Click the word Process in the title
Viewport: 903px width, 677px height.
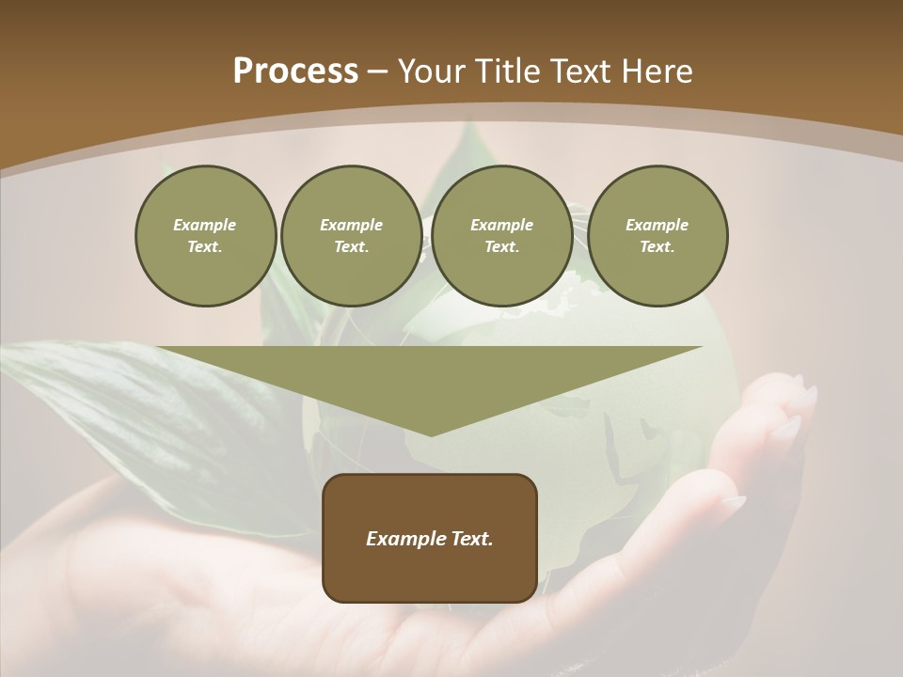pyautogui.click(x=295, y=71)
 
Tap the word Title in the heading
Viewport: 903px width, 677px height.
pyautogui.click(x=503, y=71)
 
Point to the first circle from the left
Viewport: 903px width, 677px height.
pyautogui.click(x=205, y=236)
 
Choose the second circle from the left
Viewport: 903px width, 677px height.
pyautogui.click(x=352, y=236)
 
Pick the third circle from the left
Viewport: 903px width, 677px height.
pyautogui.click(x=501, y=236)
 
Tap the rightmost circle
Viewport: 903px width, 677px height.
pyautogui.click(x=657, y=236)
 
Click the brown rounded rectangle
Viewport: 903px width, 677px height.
pyautogui.click(x=430, y=574)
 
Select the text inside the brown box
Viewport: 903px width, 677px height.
pyautogui.click(x=430, y=539)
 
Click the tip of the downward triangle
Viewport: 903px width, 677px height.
pyautogui.click(x=431, y=433)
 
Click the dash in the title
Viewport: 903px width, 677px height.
pyautogui.click(x=377, y=72)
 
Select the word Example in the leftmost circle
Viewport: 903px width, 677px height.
pyautogui.click(x=205, y=225)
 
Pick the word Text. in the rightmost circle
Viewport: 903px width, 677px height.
pyautogui.click(x=657, y=247)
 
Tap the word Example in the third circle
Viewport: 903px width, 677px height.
pyautogui.click(x=501, y=225)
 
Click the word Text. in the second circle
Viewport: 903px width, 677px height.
pyautogui.click(x=352, y=247)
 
